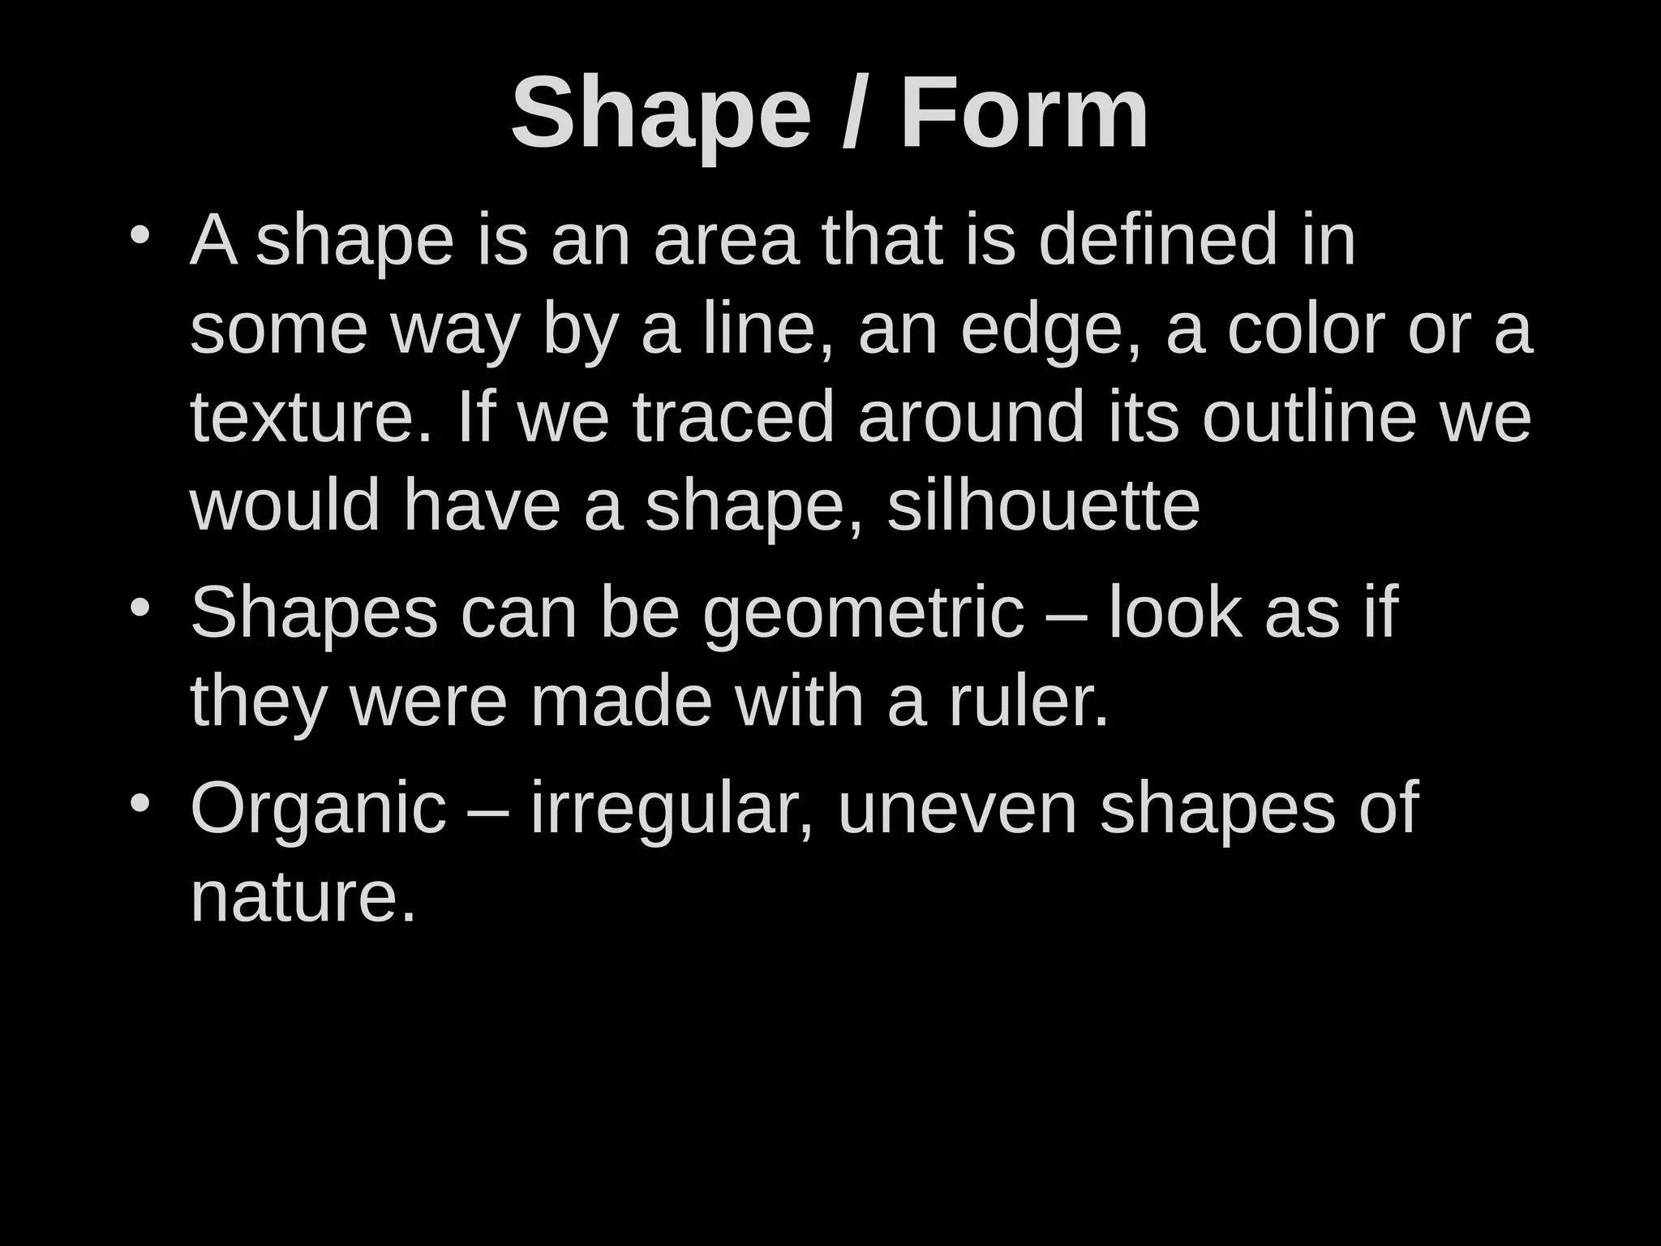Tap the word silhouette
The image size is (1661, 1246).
pyautogui.click(x=1043, y=505)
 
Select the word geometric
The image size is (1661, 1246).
pyautogui.click(x=863, y=615)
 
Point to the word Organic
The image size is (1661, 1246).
pyautogui.click(x=318, y=809)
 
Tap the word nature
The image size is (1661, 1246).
pyautogui.click(x=303, y=898)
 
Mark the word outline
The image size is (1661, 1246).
pyautogui.click(x=1309, y=417)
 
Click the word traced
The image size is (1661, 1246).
pyautogui.click(x=733, y=417)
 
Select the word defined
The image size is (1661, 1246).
pyautogui.click(x=1158, y=240)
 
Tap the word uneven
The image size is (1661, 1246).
pyautogui.click(x=957, y=809)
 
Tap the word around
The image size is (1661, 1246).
pyautogui.click(x=971, y=417)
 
